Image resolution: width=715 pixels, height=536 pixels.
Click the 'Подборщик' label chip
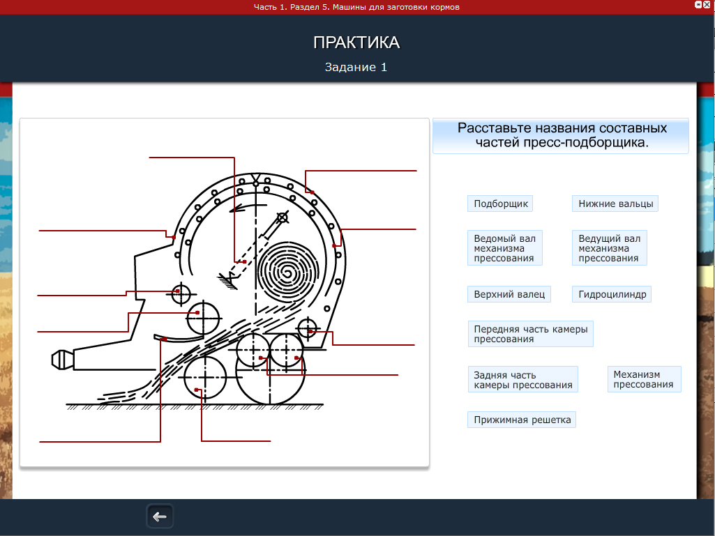point(500,204)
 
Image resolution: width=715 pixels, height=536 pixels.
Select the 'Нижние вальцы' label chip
point(615,204)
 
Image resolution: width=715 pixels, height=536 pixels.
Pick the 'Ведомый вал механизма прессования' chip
point(505,248)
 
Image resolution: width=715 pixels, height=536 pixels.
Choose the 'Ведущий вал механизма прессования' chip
point(610,248)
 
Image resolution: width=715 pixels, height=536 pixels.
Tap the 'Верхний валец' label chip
point(509,294)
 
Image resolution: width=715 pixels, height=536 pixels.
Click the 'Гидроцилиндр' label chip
point(612,294)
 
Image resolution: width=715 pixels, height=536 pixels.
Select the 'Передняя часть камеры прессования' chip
point(530,334)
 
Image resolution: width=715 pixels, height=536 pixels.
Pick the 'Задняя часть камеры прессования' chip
point(522,380)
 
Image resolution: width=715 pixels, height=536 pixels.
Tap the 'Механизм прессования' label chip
point(644,379)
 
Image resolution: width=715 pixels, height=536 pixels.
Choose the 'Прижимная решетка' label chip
point(522,420)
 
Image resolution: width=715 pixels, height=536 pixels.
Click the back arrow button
point(160,516)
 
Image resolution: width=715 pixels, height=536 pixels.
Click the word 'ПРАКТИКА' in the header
point(356,43)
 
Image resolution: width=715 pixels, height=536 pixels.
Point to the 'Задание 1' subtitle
point(356,67)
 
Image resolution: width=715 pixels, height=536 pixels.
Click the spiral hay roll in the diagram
point(287,273)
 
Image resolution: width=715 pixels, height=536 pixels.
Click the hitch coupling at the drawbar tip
point(63,360)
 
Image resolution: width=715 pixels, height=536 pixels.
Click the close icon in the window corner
point(707,4)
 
